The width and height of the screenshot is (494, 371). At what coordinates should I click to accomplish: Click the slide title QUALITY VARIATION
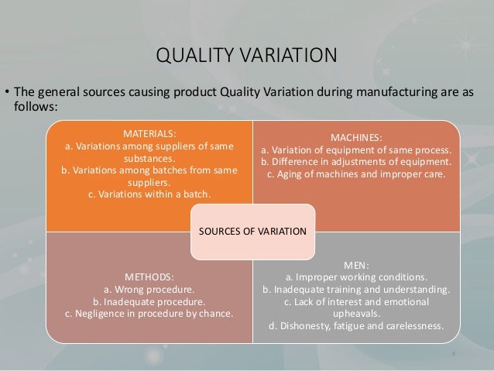[x=247, y=56]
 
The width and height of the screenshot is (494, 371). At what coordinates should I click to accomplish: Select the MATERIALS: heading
[x=149, y=131]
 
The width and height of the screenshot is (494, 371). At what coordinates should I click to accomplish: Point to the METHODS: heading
[x=149, y=276]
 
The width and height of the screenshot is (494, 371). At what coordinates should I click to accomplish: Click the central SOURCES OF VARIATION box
[x=254, y=232]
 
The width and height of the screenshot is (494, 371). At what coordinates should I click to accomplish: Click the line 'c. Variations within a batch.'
[x=149, y=194]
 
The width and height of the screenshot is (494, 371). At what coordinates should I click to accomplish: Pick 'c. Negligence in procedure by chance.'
[x=149, y=314]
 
